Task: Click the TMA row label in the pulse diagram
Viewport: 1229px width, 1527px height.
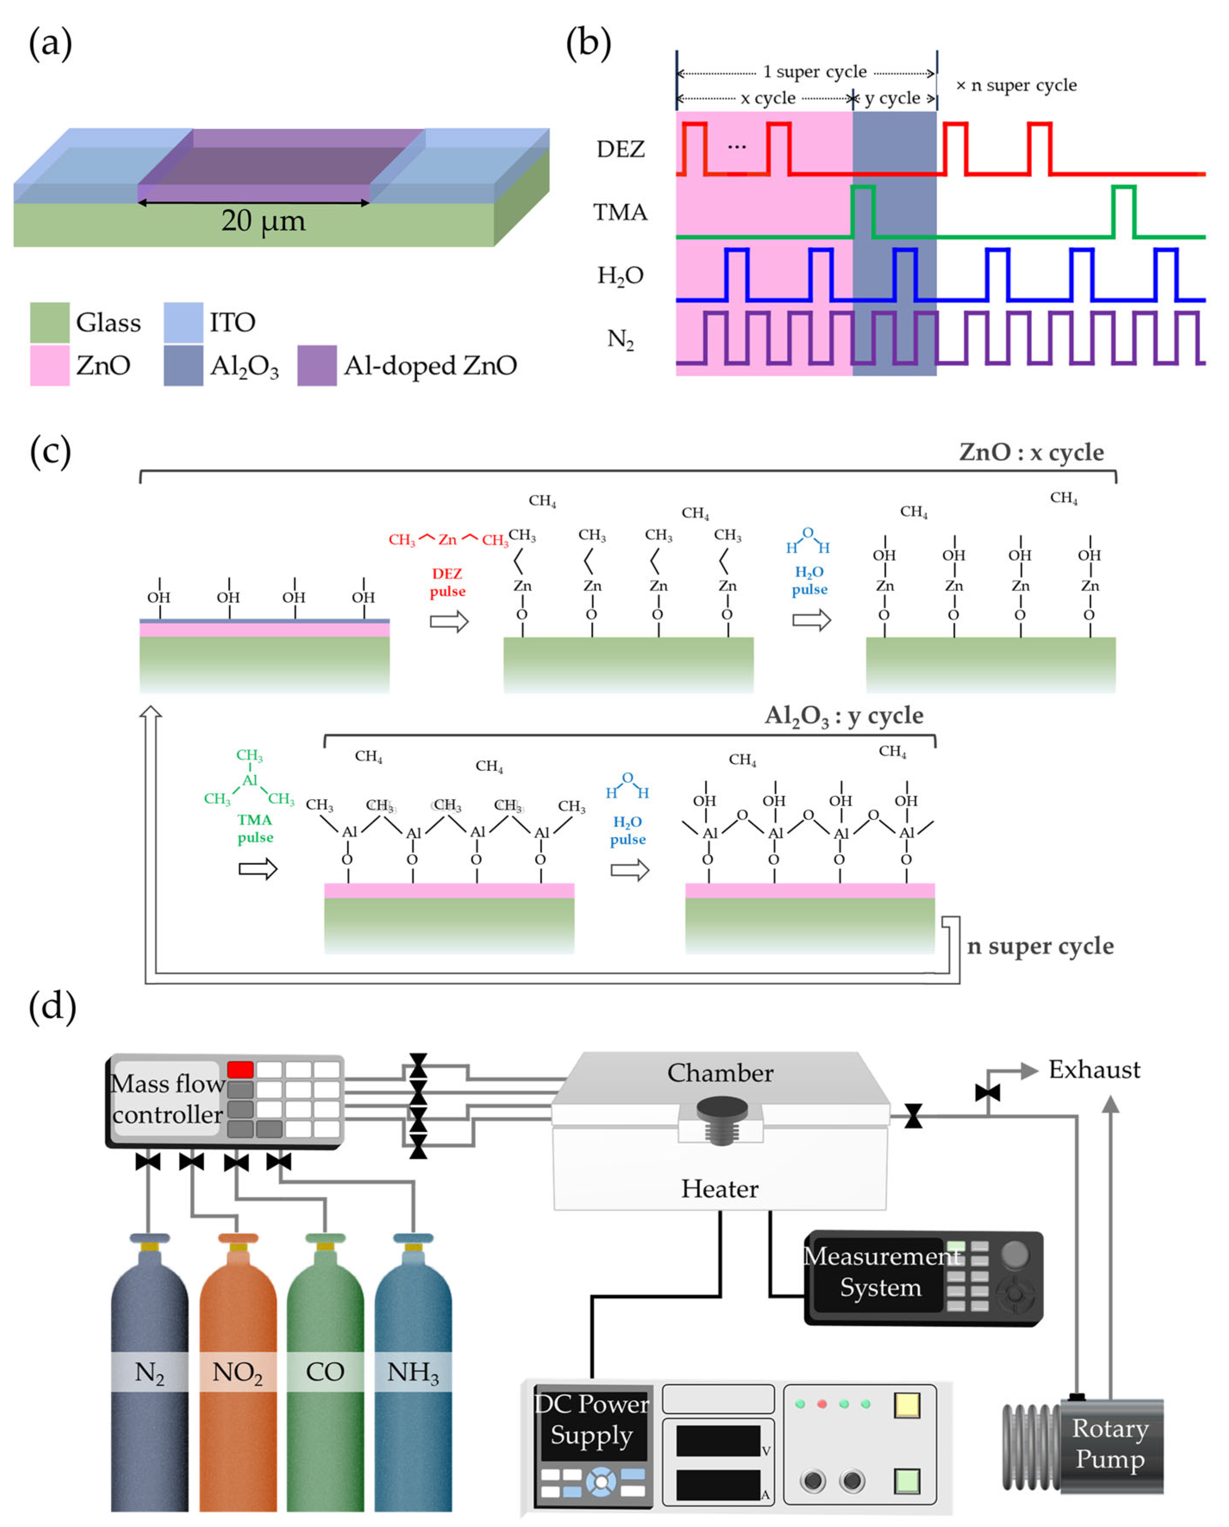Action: point(620,212)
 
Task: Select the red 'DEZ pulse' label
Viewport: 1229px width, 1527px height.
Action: point(447,582)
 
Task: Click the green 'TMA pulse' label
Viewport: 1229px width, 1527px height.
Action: point(255,828)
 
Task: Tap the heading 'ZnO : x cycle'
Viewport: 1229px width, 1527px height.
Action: point(1031,452)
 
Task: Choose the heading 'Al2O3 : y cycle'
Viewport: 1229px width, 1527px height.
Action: point(843,715)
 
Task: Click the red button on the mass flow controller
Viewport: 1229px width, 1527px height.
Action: point(240,1070)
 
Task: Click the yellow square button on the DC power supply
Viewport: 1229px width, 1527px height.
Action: point(907,1405)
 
